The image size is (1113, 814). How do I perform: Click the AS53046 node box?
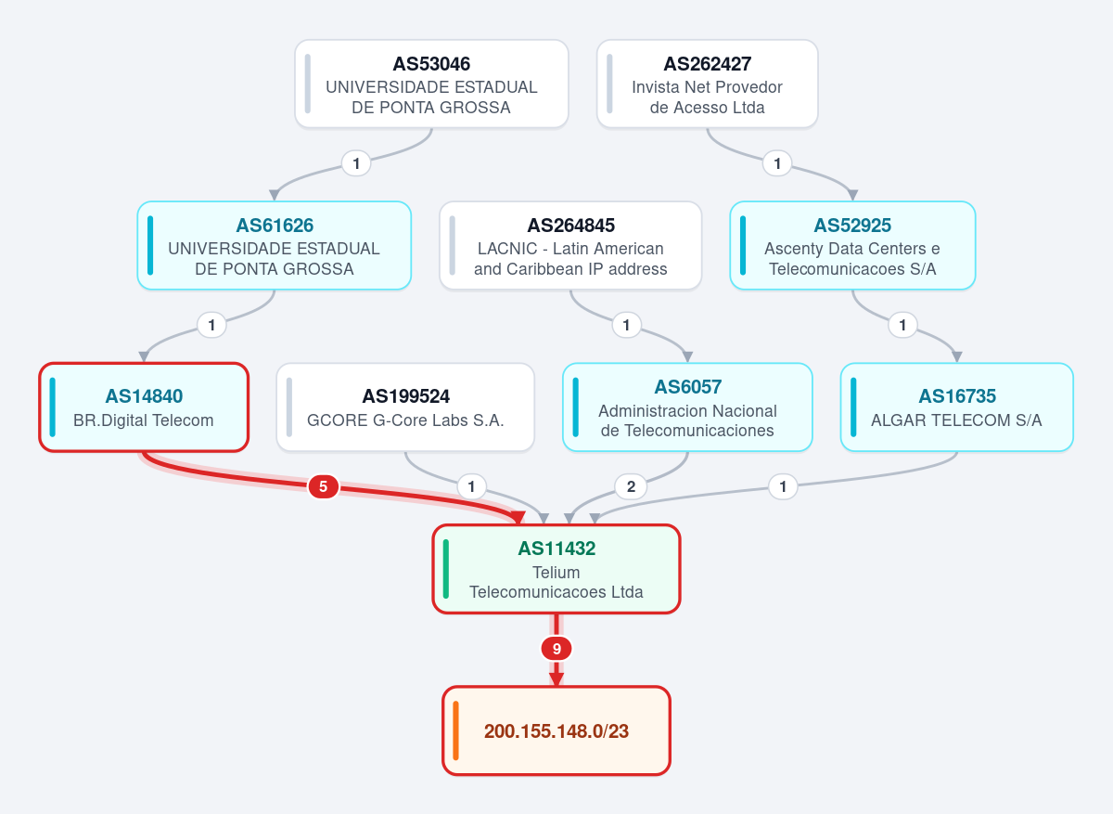(x=431, y=84)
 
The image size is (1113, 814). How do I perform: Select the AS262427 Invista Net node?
(x=707, y=84)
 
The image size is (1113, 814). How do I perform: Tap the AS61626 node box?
(x=275, y=246)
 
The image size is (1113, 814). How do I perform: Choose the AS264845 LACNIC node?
(x=570, y=246)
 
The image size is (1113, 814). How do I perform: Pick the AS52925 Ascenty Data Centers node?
(x=852, y=246)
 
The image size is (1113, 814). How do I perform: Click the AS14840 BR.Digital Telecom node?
(x=144, y=407)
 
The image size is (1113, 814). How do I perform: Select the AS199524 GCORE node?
(x=405, y=407)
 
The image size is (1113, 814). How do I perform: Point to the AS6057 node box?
(x=687, y=407)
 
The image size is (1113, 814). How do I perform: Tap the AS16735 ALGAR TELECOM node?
(x=957, y=407)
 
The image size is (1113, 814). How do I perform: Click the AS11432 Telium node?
(x=556, y=569)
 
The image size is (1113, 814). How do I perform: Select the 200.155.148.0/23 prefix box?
(x=556, y=730)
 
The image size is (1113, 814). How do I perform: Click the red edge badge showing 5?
(x=324, y=486)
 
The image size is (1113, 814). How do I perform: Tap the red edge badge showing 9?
(x=556, y=649)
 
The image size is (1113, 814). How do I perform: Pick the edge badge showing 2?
(x=631, y=486)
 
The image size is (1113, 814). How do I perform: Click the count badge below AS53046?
(x=356, y=163)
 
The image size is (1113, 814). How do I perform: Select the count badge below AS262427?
(x=777, y=163)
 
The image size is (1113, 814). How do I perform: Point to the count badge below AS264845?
(x=627, y=325)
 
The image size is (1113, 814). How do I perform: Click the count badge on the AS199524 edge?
(x=471, y=486)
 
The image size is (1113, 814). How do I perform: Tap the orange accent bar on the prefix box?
(x=455, y=730)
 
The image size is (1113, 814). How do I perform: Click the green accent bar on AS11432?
(x=446, y=569)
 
